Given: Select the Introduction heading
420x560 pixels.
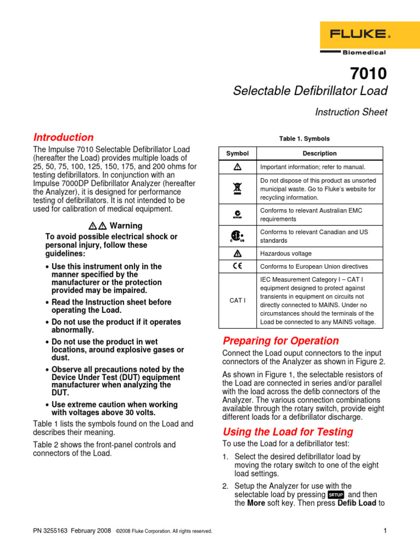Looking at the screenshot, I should [63, 137].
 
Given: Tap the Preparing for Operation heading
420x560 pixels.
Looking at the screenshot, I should [281, 341].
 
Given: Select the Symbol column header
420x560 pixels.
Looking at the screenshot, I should [237, 154].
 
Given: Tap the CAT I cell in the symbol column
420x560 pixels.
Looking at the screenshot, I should [237, 301].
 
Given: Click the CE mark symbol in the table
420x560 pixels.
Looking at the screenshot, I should [237, 266].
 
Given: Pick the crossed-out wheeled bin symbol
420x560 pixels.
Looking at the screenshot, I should [237, 188].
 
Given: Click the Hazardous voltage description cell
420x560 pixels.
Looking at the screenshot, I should [286, 254].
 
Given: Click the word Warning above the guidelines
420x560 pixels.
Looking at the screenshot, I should [126, 225].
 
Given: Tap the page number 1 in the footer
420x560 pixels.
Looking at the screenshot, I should [385, 530].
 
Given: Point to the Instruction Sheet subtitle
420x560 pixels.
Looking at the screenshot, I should [351, 112].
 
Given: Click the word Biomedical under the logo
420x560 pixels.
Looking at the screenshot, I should [364, 52].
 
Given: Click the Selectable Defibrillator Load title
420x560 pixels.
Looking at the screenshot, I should [310, 91].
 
